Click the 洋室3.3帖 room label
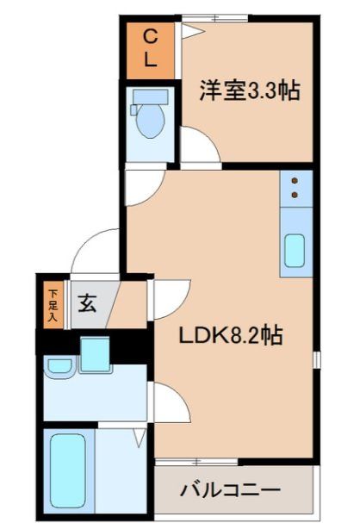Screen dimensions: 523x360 [250, 91]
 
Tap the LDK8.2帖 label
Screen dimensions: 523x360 [231, 334]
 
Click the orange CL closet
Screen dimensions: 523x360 [149, 48]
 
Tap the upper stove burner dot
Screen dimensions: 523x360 [295, 182]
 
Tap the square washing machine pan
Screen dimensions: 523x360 [95, 354]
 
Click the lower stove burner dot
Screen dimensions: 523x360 [295, 196]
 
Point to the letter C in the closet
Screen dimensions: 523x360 [149, 37]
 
